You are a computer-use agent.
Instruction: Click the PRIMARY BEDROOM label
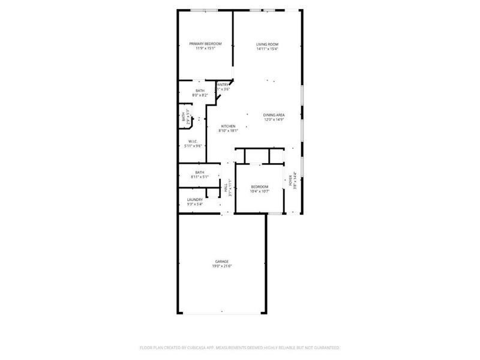(206, 44)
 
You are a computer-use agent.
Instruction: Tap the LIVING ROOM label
(268, 44)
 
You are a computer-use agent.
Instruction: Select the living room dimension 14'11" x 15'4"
(268, 49)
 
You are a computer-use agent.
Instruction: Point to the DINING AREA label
(274, 115)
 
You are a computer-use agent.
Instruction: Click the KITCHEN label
(228, 126)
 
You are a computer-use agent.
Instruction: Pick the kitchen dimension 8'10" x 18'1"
(228, 131)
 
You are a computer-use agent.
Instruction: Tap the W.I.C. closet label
(193, 141)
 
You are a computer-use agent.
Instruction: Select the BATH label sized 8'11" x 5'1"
(200, 172)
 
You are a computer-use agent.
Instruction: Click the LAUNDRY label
(194, 200)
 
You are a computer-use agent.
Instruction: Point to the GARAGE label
(222, 261)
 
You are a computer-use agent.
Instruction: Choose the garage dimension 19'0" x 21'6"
(222, 266)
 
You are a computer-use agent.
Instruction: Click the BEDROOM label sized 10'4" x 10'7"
(259, 187)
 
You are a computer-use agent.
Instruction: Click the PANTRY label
(223, 85)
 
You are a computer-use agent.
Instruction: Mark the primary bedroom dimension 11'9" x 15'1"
(206, 49)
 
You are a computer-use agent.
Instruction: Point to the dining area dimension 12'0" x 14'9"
(274, 119)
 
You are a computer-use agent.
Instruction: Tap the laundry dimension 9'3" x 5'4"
(194, 205)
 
